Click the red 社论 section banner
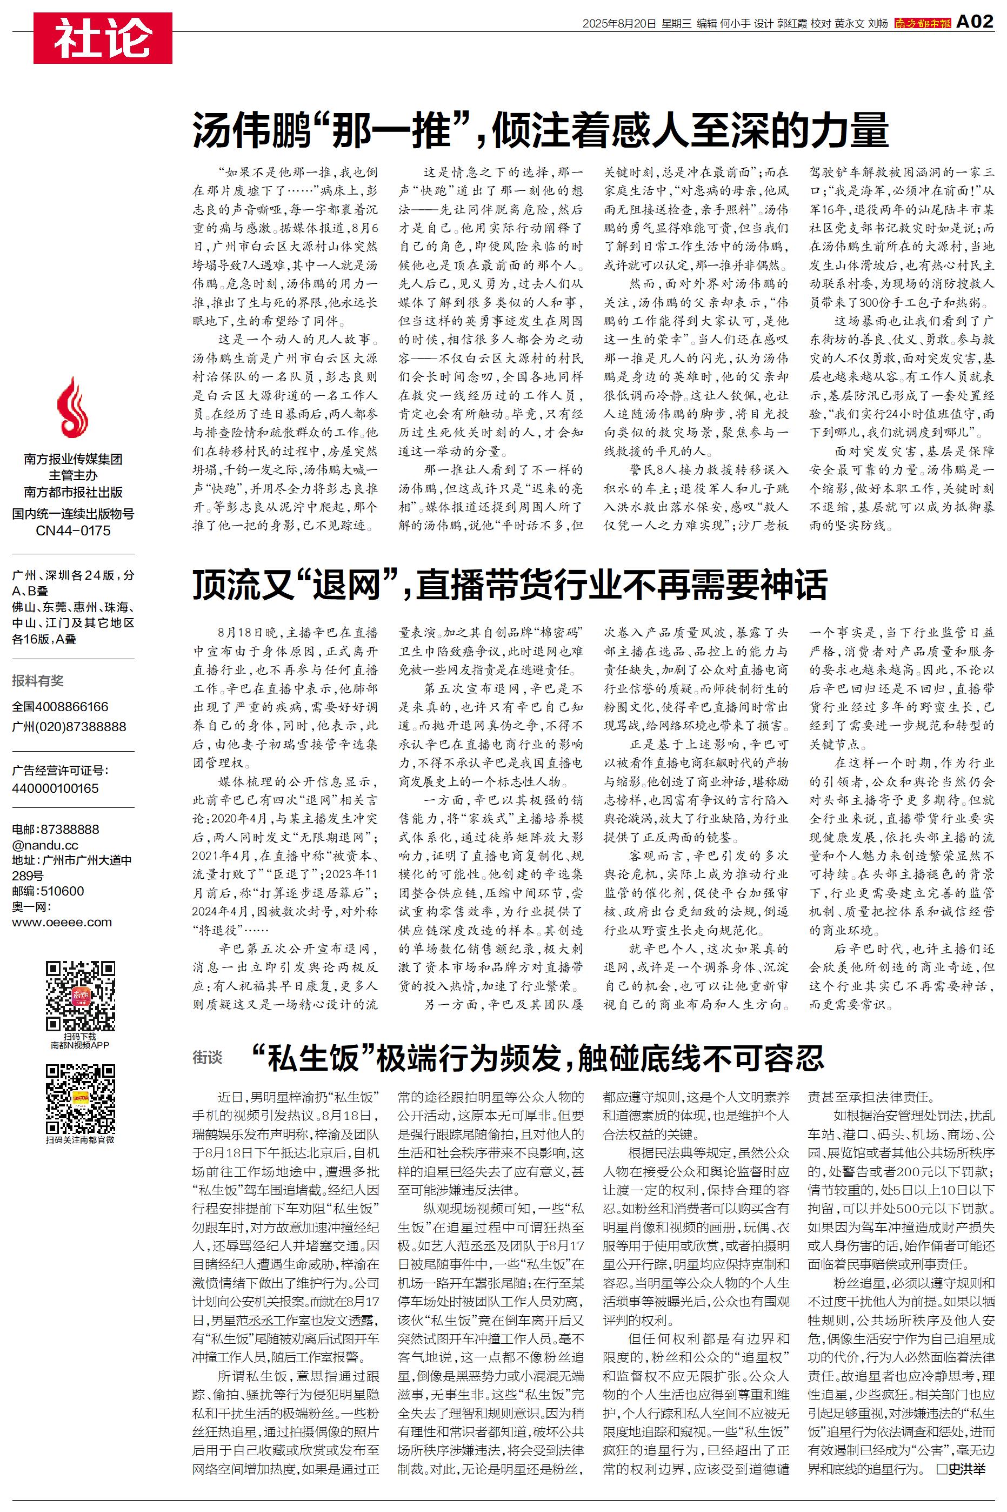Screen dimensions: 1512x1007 coord(103,38)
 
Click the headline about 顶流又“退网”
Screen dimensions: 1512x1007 coord(510,585)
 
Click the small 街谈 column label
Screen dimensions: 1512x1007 coord(207,1057)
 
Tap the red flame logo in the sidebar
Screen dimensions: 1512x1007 coord(72,407)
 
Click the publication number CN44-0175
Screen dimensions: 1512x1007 coord(72,530)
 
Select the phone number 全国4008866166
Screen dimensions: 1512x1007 coord(59,707)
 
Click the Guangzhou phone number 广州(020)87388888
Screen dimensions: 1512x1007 coord(69,726)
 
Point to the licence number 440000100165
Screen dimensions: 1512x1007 coord(55,788)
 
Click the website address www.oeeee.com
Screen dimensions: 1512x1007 coord(62,923)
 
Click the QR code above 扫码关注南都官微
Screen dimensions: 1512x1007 coord(81,1099)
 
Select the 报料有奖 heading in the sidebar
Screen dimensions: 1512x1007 coord(38,681)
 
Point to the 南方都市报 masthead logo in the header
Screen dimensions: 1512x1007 coord(922,24)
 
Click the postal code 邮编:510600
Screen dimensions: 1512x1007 coord(48,891)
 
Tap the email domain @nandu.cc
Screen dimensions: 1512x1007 coord(45,845)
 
